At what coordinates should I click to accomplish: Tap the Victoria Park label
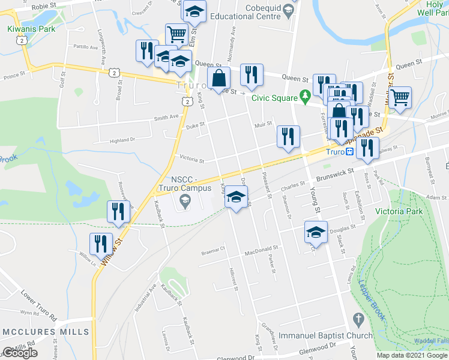[399, 211]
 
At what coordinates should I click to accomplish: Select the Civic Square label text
[275, 97]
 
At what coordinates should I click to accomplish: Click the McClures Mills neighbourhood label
[46, 332]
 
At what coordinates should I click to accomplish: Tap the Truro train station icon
[349, 152]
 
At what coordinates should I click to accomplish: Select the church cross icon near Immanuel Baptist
[359, 319]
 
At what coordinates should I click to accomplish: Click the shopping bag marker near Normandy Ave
[218, 77]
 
